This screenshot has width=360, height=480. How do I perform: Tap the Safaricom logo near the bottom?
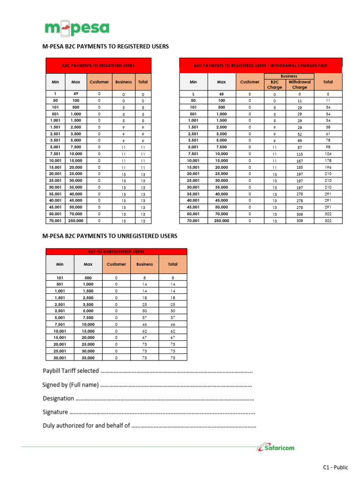[276, 448]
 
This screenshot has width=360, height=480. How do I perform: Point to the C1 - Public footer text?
[336, 467]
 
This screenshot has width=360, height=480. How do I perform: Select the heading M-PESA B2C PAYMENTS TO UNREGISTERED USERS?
[110, 236]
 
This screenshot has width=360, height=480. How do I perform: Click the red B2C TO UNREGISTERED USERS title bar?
[116, 252]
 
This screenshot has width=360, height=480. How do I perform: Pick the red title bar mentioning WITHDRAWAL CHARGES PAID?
[261, 66]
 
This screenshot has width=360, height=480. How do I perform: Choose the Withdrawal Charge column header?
[300, 84]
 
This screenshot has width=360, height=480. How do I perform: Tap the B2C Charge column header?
[275, 84]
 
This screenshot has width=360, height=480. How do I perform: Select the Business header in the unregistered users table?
[144, 264]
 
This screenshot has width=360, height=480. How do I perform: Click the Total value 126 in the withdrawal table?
[328, 153]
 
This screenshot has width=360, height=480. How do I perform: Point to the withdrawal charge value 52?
[300, 134]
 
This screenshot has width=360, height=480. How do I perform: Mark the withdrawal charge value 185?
[300, 167]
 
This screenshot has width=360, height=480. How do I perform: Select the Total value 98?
[328, 147]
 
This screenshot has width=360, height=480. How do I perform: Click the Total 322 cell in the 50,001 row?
[328, 213]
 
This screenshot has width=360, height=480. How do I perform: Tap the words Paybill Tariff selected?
[71, 371]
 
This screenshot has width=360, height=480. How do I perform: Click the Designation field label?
[59, 398]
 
